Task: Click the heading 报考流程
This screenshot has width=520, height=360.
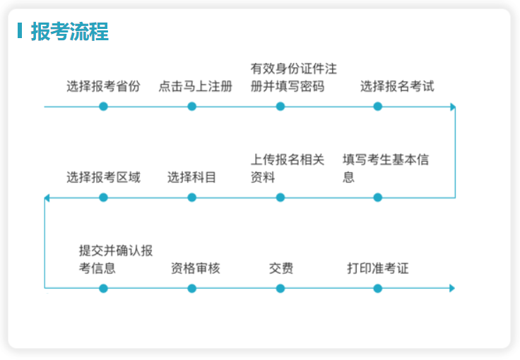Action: click(70, 32)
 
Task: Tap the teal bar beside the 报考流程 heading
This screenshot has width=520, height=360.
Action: click(20, 31)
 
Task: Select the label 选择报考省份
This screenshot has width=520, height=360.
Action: click(103, 86)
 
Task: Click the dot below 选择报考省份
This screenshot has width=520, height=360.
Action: click(103, 107)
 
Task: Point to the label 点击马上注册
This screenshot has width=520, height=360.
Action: click(195, 86)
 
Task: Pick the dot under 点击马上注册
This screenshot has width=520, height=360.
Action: click(191, 107)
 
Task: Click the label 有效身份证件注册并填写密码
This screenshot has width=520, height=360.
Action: click(293, 78)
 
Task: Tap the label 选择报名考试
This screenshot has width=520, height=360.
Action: click(397, 86)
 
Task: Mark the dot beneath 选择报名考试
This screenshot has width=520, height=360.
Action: click(377, 107)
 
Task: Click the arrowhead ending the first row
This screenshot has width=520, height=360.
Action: click(453, 107)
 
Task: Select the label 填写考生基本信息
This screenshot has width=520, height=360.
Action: click(386, 168)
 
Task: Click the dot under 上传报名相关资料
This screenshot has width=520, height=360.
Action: click(280, 198)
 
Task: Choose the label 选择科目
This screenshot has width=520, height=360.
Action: click(191, 177)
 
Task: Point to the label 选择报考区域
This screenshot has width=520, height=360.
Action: click(103, 177)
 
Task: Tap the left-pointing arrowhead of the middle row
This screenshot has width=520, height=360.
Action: click(47, 198)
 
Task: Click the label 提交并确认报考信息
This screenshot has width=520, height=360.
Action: click(116, 259)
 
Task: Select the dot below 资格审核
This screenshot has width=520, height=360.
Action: click(191, 288)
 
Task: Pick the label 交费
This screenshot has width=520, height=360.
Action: click(281, 268)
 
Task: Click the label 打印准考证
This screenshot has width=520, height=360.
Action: click(378, 268)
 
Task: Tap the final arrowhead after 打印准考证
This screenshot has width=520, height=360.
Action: click(452, 288)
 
